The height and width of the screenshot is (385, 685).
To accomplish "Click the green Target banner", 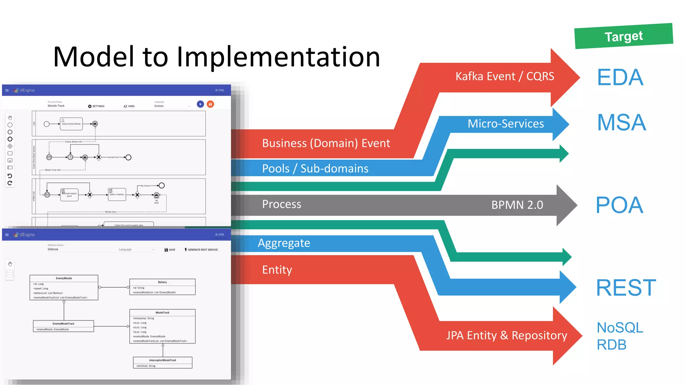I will pyautogui.click(x=623, y=36).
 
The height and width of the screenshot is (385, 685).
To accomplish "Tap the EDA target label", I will pyautogui.click(x=620, y=77).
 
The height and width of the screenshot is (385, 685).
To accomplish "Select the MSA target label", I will pyautogui.click(x=621, y=122).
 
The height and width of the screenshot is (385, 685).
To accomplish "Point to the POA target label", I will pyautogui.click(x=619, y=205).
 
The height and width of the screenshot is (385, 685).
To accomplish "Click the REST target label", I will pyautogui.click(x=626, y=287).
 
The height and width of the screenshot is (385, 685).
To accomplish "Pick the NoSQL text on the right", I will pyautogui.click(x=620, y=328).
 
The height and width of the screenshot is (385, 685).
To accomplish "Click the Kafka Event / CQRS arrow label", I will pyautogui.click(x=505, y=76).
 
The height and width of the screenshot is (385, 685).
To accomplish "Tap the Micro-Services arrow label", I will pyautogui.click(x=505, y=124).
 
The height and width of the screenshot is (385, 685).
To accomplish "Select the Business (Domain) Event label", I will pyautogui.click(x=326, y=143).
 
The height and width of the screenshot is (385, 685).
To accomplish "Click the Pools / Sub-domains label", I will pyautogui.click(x=315, y=168).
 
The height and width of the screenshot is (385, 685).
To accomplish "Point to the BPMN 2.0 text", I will pyautogui.click(x=517, y=205).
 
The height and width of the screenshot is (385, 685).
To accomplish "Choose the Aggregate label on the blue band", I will pyautogui.click(x=284, y=243).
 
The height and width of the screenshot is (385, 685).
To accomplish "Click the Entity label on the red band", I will pyautogui.click(x=277, y=270).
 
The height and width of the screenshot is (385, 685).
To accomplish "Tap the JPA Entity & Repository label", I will pyautogui.click(x=506, y=335).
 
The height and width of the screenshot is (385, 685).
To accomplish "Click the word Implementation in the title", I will pyautogui.click(x=278, y=57).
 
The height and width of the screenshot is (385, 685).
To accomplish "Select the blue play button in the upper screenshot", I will pyautogui.click(x=200, y=104).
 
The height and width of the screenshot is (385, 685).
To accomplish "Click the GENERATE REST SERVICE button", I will pyautogui.click(x=201, y=250).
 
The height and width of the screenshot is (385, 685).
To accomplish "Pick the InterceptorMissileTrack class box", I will pyautogui.click(x=163, y=362).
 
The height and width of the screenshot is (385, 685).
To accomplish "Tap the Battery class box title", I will pyautogui.click(x=162, y=282).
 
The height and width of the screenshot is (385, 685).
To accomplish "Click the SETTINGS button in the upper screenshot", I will pyautogui.click(x=96, y=106).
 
